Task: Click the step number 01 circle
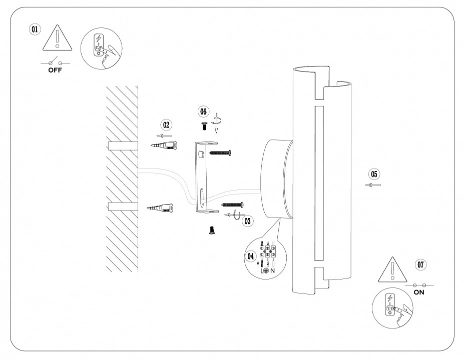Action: pyautogui.click(x=35, y=29)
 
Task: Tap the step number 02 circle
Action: pyautogui.click(x=166, y=124)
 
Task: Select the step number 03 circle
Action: pyautogui.click(x=246, y=219)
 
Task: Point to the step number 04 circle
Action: pyautogui.click(x=251, y=256)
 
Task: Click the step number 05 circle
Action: pyautogui.click(x=373, y=174)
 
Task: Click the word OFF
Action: pyautogui.click(x=55, y=70)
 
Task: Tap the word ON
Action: pyautogui.click(x=419, y=292)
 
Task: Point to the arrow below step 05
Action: pyautogui.click(x=373, y=185)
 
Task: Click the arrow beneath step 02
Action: pyautogui.click(x=165, y=135)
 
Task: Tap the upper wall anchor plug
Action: pyautogui.click(x=165, y=145)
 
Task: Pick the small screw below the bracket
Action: pyautogui.click(x=211, y=230)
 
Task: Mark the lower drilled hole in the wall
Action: pyautogui.click(x=123, y=207)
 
